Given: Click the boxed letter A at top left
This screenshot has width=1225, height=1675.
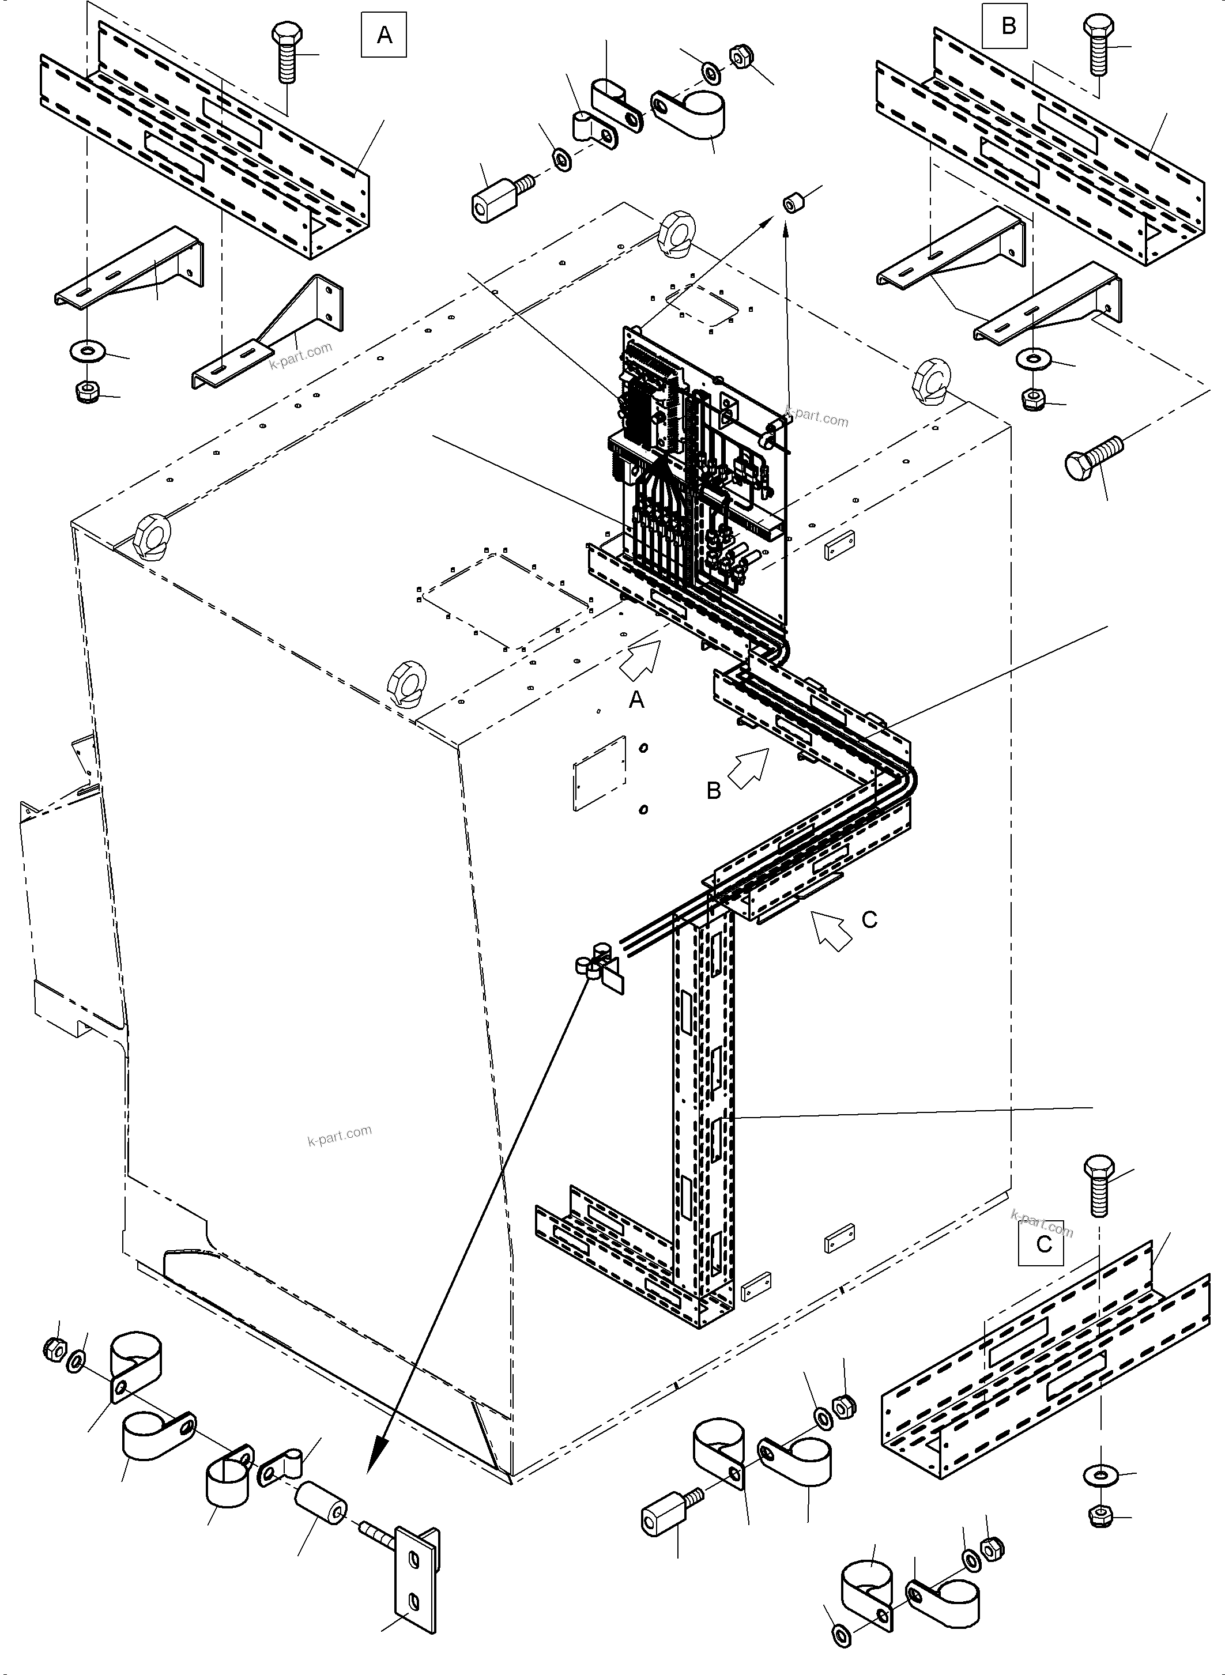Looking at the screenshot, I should click(383, 35).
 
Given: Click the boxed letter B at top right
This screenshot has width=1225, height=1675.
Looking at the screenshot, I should click(1008, 26).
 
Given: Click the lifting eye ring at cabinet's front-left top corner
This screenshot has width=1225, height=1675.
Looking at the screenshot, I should click(153, 535).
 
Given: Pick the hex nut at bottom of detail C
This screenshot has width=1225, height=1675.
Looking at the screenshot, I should click(1100, 1516).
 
